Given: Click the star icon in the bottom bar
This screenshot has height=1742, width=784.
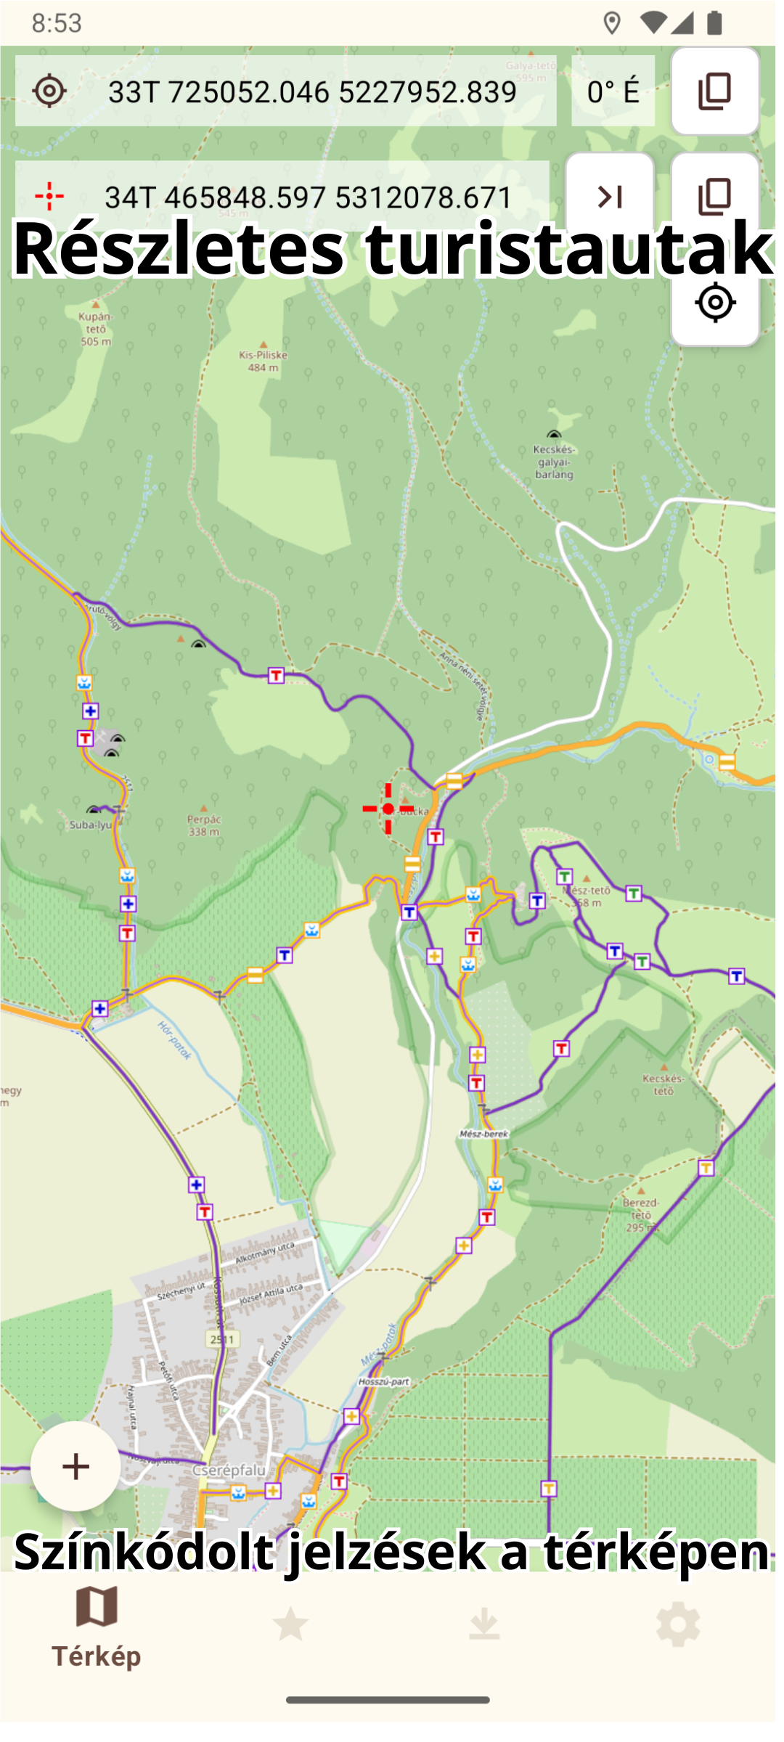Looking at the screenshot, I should (290, 1624).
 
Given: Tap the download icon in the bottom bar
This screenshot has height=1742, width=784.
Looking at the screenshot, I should (484, 1624).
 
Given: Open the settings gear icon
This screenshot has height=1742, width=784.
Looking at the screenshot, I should (677, 1624).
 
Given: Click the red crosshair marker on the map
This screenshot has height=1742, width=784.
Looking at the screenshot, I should (388, 809).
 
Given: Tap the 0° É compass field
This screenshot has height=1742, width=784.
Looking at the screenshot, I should (613, 91).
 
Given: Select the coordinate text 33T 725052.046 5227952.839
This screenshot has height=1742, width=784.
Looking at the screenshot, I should (312, 92).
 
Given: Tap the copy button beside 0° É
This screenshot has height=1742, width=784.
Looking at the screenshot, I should (715, 91).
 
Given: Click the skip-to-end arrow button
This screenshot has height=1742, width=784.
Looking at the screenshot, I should (610, 197).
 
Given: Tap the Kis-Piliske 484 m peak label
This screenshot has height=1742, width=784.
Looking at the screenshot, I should (263, 361).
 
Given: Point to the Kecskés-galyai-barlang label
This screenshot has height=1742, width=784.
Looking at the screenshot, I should (554, 462).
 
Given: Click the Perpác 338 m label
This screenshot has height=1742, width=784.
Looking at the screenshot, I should (204, 825).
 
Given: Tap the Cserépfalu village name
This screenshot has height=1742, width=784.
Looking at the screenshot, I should (229, 1470).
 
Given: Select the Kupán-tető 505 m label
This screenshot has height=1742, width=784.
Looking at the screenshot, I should (96, 328).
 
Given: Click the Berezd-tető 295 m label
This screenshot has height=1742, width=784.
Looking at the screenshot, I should (641, 1214).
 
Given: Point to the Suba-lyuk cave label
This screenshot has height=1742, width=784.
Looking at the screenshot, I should (91, 825).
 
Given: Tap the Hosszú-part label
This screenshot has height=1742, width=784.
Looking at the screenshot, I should (384, 1381).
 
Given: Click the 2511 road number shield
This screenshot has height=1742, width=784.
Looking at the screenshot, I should (222, 1339).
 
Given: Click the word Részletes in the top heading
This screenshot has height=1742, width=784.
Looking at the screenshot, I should (179, 248).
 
